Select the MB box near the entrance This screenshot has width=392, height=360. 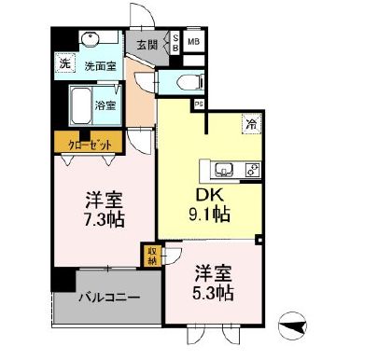[194, 42]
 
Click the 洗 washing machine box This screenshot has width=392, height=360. [65, 64]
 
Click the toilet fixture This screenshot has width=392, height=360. [188, 80]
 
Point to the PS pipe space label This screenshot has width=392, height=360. [198, 104]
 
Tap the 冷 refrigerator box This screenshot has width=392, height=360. [250, 122]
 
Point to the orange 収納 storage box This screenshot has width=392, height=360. [150, 255]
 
